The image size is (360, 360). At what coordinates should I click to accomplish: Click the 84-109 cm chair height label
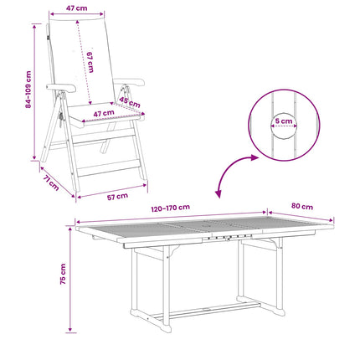point(28,90)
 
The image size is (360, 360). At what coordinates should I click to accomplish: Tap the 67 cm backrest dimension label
point(90,62)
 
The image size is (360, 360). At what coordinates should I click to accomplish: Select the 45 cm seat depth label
point(130,102)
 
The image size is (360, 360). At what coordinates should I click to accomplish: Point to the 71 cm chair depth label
point(51,183)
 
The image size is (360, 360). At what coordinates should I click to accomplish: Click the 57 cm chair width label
point(117,197)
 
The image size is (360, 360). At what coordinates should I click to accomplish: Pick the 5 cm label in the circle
point(284,121)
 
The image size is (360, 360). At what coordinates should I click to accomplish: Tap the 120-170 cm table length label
point(171,208)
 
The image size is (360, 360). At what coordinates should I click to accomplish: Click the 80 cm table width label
point(302,206)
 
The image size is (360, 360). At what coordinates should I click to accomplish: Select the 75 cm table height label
point(63,274)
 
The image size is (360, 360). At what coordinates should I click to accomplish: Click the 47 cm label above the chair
point(76,8)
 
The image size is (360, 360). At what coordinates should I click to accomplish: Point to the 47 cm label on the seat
point(104,114)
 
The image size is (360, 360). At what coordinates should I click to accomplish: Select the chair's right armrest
point(129,82)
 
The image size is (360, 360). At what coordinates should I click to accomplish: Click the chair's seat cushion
point(105,115)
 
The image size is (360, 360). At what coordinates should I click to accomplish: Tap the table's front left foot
point(167,328)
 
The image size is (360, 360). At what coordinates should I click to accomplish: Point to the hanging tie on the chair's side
point(60,118)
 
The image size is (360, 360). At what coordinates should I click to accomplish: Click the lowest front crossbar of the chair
point(109,168)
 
